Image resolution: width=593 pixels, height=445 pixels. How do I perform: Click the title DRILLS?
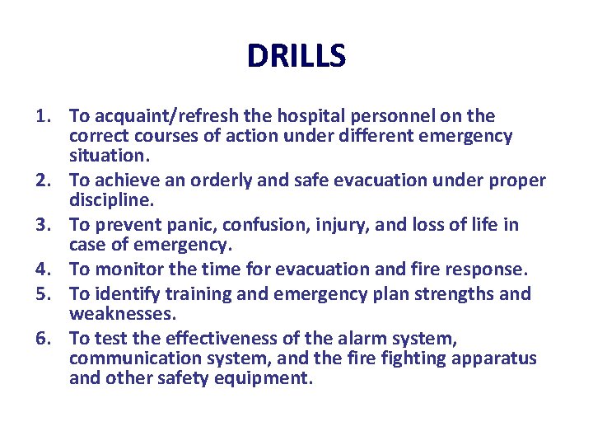(296, 56)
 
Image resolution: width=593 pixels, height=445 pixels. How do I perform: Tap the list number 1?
(44, 116)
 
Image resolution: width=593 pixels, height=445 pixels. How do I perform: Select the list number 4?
(44, 268)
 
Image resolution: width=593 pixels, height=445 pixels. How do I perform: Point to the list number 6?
(44, 338)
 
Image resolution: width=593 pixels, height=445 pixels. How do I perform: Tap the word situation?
(108, 155)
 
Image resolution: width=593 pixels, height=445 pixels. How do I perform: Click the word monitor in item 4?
(127, 268)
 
